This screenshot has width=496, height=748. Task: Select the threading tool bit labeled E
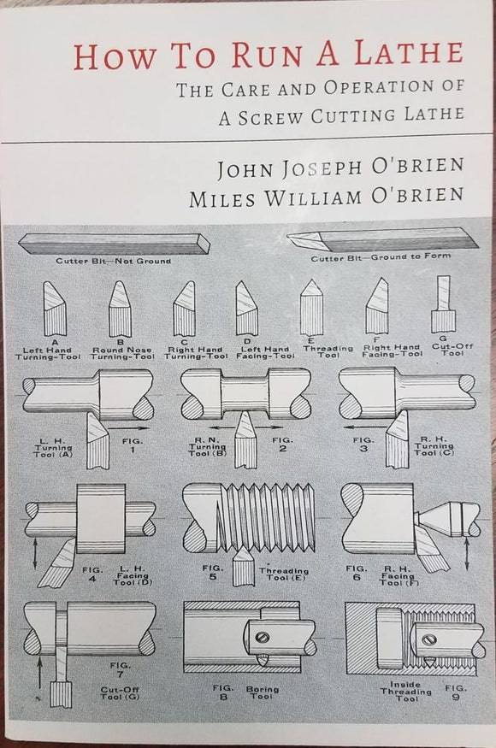pos(310,306)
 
